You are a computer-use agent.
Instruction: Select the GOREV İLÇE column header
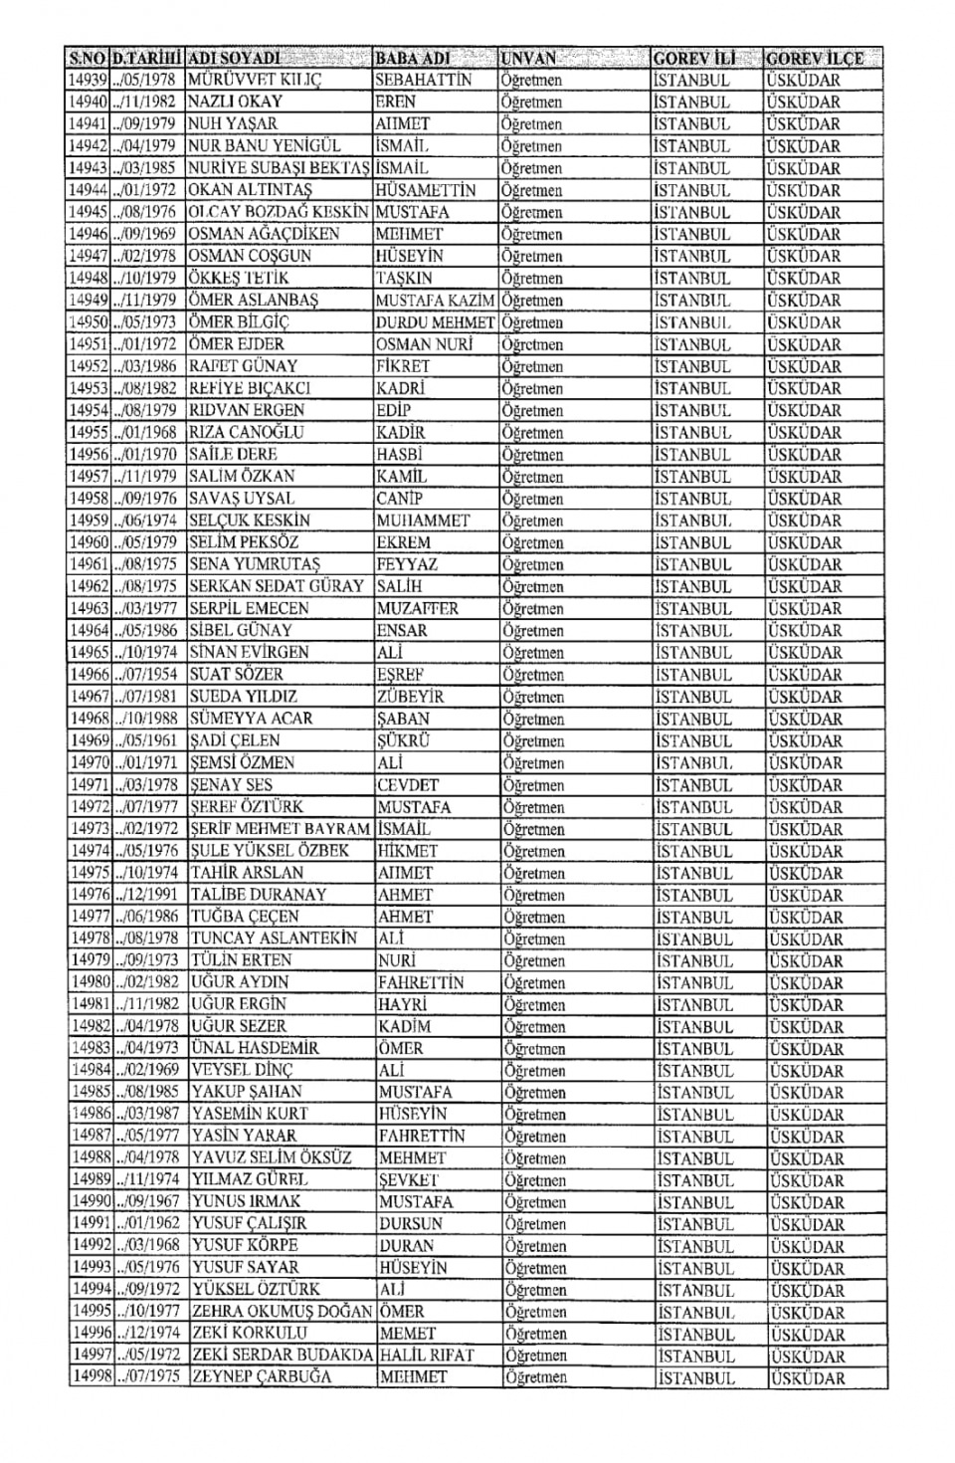coord(815,58)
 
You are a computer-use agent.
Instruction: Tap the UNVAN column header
coord(529,58)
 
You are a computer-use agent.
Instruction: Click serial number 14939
coord(88,80)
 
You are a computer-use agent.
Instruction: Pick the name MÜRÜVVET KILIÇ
coord(255,80)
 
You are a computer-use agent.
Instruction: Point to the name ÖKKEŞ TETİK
coord(239,278)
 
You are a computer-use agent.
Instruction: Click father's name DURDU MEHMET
coord(435,322)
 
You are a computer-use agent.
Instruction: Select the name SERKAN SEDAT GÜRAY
coord(277,586)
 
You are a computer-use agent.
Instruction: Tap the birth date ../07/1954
coord(147,675)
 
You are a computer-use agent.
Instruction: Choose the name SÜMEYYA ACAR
coord(251,719)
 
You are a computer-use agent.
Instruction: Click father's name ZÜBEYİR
coord(411,697)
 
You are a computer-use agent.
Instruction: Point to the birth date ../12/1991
coord(148,895)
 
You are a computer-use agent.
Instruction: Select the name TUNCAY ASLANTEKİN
coord(274,939)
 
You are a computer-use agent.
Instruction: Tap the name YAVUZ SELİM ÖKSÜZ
coord(272,1158)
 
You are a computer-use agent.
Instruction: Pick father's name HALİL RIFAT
coord(427,1356)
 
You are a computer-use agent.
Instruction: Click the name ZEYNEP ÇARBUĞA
coord(262,1377)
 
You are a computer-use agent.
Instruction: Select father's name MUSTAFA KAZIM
coord(436,301)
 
